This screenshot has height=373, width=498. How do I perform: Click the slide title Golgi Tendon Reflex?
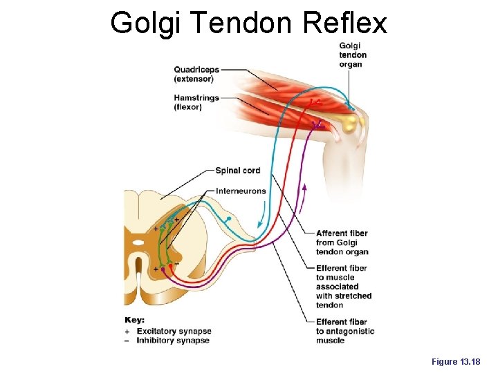tap(249, 23)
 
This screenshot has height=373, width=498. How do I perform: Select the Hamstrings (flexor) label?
tap(196, 102)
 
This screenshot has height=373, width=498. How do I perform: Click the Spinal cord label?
tap(237, 171)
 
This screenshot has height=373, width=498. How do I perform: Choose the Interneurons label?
tap(241, 191)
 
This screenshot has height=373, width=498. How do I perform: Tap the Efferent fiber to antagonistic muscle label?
tap(344, 331)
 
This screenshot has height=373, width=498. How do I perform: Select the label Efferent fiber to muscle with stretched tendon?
tap(343, 287)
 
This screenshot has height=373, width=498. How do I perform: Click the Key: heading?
tap(134, 320)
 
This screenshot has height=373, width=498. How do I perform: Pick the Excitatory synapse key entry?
tap(173, 331)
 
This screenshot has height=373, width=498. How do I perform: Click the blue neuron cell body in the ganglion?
tap(228, 219)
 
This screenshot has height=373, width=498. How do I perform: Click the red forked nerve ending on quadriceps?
tap(315, 102)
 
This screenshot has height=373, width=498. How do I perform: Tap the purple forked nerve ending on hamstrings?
tap(317, 124)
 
